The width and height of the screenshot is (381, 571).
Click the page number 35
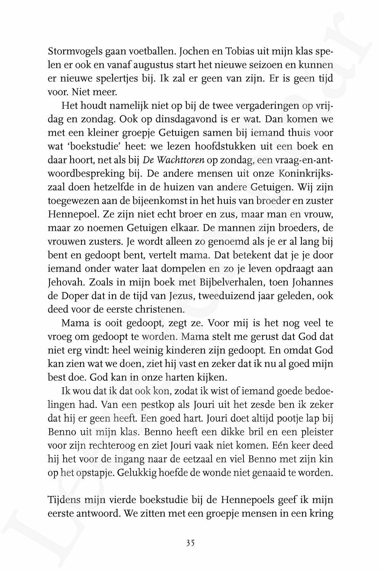coord(190,543)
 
